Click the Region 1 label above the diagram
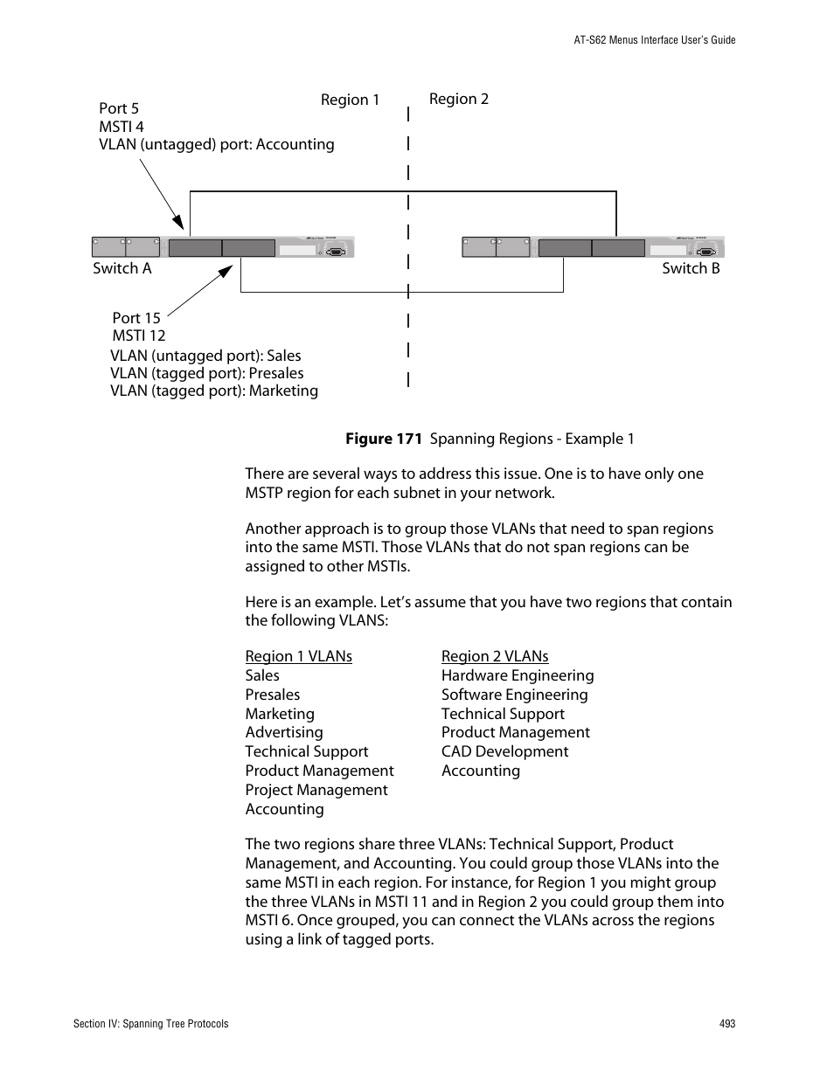coord(350,100)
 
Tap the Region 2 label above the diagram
coord(458,99)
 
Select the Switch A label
coord(122,268)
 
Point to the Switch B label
coord(691,268)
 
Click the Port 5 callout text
coord(119,108)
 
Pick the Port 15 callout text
coord(136,318)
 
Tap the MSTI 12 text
coord(139,335)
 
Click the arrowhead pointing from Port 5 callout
coord(178,223)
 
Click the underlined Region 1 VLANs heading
coord(298,656)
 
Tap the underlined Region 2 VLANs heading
coord(495,656)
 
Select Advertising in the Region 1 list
coord(284,732)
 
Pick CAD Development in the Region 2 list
coord(504,751)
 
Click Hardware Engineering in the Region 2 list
coord(518,675)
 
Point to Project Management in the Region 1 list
coord(316,790)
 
